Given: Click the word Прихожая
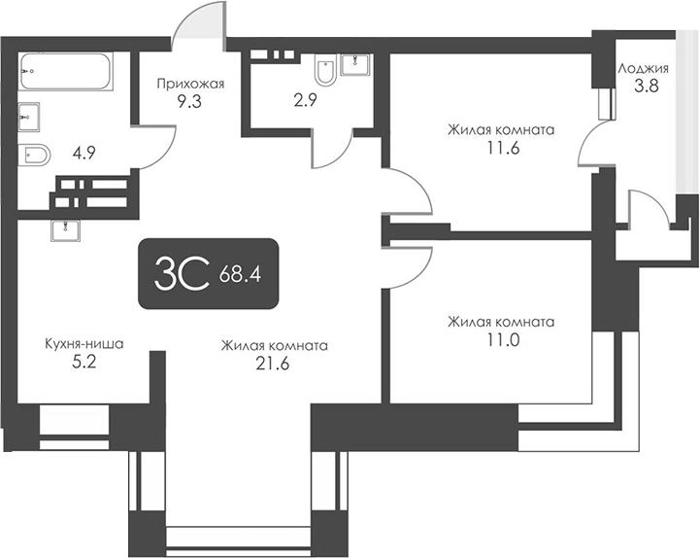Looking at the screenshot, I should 190,84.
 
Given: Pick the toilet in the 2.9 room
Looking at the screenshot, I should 325,71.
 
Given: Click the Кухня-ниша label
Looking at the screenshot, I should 83,344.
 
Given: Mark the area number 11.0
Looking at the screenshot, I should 501,339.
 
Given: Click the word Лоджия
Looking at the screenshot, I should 643,69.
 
